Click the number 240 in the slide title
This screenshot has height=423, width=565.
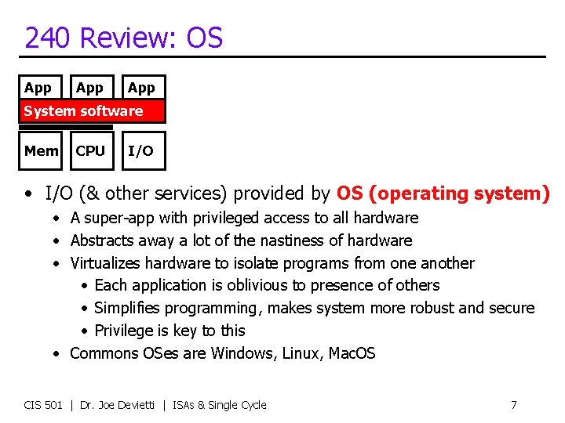(x=49, y=38)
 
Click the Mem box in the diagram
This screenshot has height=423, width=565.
(x=41, y=150)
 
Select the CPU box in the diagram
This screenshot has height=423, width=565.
(x=90, y=150)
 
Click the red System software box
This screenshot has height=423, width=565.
(x=93, y=111)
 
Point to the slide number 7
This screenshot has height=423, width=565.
(x=513, y=405)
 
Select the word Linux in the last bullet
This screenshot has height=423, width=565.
(x=299, y=353)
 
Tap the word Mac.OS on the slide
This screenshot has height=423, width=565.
(x=351, y=353)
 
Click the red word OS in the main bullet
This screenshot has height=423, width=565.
(x=349, y=193)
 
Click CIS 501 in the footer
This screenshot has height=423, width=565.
(x=43, y=405)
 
